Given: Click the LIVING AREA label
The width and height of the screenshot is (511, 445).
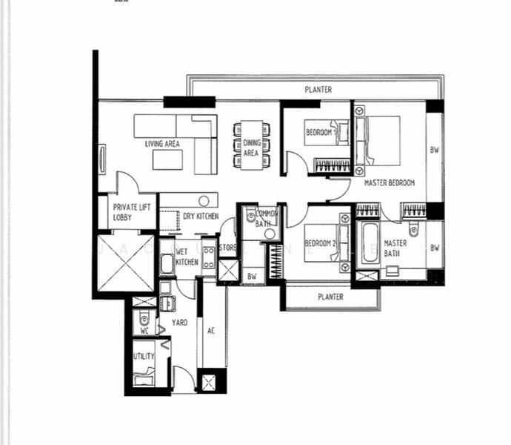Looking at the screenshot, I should [163, 144].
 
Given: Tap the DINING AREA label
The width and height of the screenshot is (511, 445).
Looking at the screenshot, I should [251, 148].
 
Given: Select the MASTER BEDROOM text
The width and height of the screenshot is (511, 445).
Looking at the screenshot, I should [389, 182].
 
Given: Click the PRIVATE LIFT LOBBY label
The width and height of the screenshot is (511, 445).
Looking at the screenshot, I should [133, 213].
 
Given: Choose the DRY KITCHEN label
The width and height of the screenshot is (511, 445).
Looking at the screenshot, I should [201, 217].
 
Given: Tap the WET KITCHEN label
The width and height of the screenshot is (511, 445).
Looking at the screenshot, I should [187, 257].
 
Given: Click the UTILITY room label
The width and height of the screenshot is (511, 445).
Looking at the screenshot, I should [144, 357].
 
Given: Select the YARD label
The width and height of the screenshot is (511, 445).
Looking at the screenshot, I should [180, 323].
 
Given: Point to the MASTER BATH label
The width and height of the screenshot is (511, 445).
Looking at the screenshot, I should [395, 248].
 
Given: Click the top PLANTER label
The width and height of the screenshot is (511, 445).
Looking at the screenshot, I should [318, 90].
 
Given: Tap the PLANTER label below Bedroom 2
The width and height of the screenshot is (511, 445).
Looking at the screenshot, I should [330, 297].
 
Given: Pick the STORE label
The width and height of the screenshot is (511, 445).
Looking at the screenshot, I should [228, 248].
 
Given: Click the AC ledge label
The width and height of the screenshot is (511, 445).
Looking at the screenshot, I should [211, 331].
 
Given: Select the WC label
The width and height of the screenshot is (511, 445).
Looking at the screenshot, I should [144, 331].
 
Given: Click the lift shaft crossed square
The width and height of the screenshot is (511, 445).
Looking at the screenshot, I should [124, 263].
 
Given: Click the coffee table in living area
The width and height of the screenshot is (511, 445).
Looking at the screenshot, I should [167, 159].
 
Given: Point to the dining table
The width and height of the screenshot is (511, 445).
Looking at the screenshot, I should [251, 145].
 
